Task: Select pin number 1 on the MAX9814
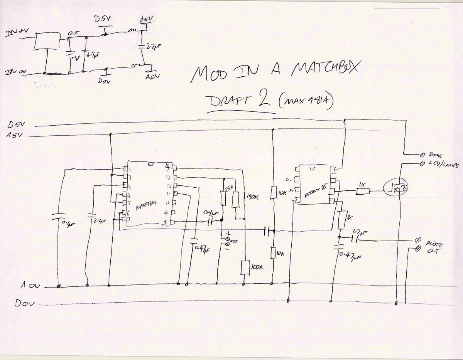[131, 170]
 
